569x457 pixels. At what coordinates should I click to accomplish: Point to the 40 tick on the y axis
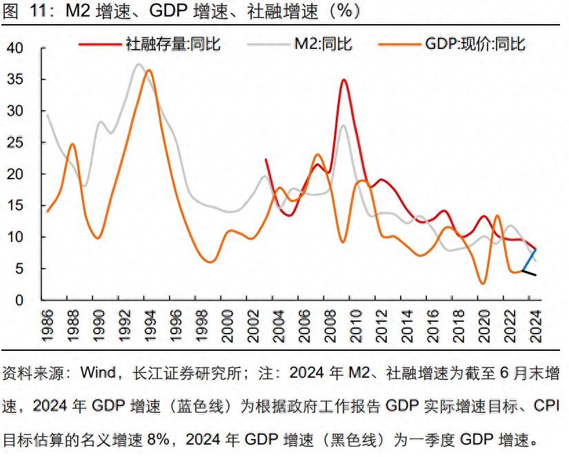16,48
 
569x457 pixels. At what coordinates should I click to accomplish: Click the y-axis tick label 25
16,143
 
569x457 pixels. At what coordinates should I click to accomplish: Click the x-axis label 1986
49,324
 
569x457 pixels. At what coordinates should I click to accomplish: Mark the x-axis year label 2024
535,324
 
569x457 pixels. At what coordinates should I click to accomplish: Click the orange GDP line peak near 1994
149,70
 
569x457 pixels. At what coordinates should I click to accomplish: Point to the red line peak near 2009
343,80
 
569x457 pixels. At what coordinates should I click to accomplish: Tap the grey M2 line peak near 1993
139,65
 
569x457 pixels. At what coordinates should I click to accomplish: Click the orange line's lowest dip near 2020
483,283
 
